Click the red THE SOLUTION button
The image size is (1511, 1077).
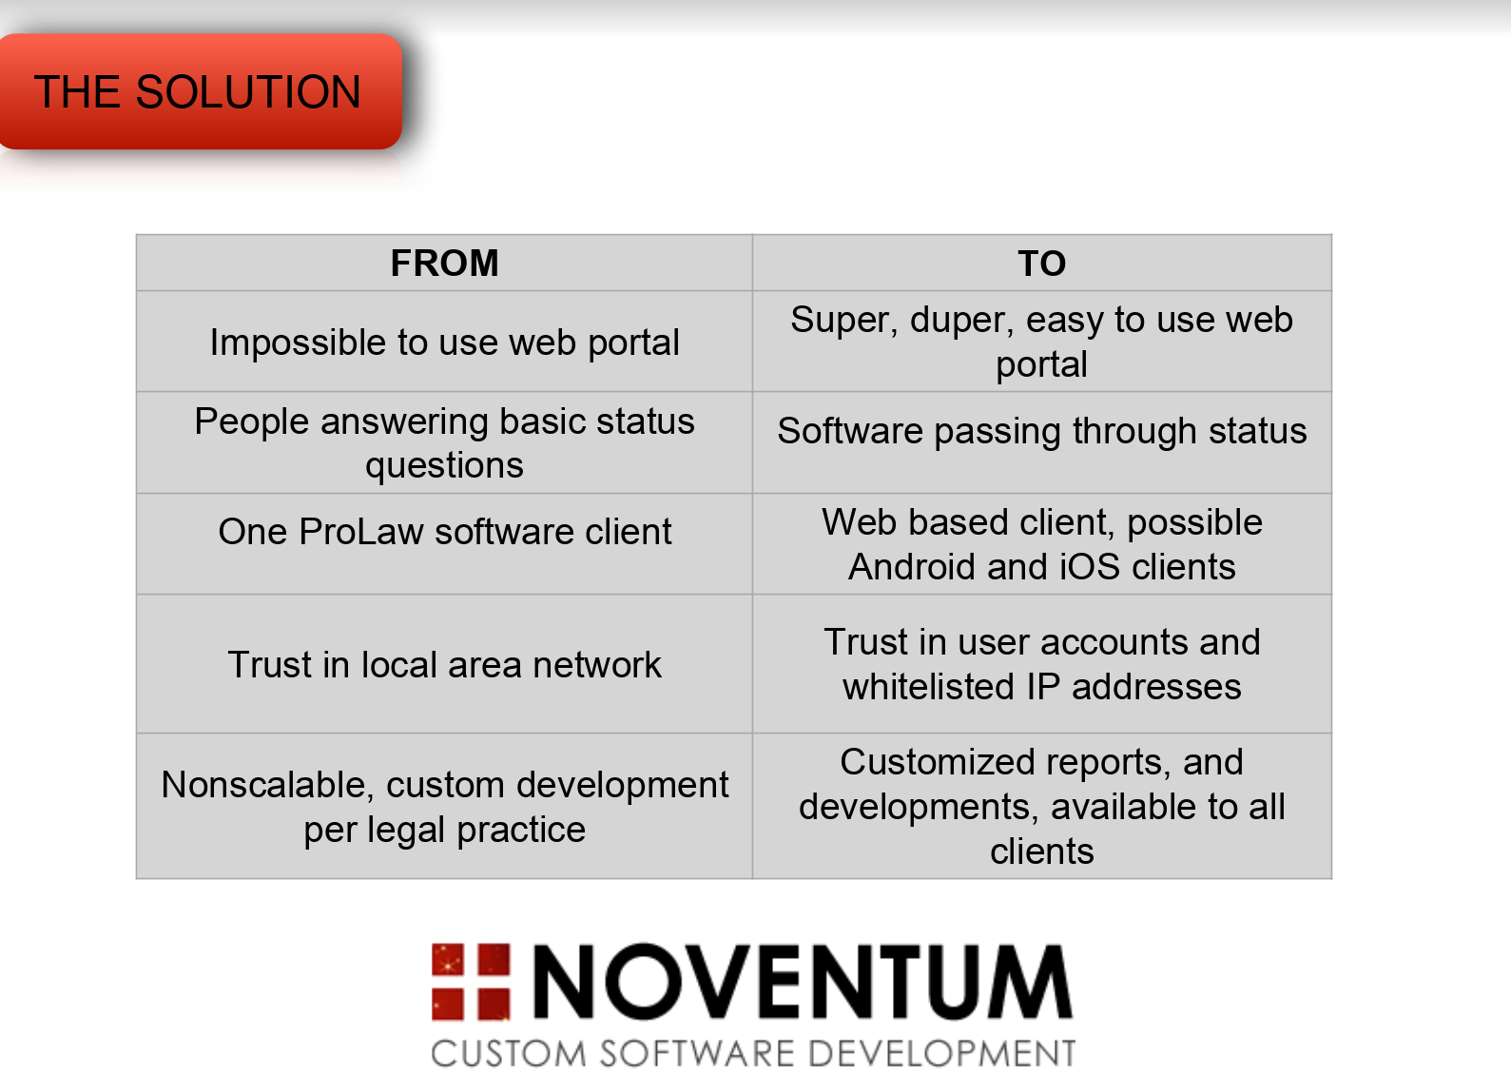[x=200, y=91]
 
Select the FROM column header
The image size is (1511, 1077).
[x=444, y=264]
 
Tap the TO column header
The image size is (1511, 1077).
[x=1042, y=264]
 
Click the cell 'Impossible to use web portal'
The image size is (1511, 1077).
[x=444, y=342]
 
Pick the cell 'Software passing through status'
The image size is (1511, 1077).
[x=1042, y=442]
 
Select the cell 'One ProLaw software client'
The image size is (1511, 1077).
[x=444, y=544]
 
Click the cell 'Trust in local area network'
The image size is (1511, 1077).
[x=444, y=664]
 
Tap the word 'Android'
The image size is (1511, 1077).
[x=912, y=567]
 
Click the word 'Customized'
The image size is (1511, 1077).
[x=938, y=763]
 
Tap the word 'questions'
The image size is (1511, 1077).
[x=444, y=466]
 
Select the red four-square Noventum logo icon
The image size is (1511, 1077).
[x=471, y=982]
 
